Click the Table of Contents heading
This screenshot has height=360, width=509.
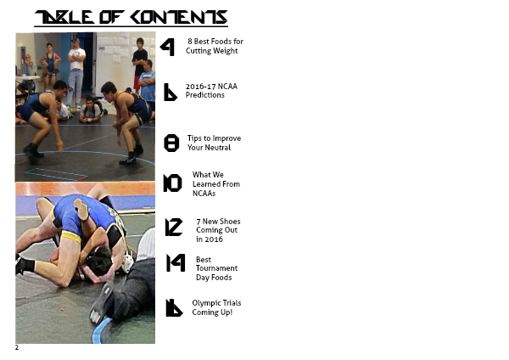[131, 18]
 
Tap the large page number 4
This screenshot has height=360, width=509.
[168, 47]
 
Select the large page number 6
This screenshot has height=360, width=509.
[171, 93]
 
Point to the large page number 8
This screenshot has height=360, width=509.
[171, 143]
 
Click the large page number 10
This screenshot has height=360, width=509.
[172, 183]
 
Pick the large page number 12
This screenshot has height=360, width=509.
[174, 227]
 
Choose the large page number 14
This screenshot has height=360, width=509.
[176, 263]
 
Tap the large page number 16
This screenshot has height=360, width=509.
[174, 307]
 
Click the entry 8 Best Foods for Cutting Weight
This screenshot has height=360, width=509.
[215, 46]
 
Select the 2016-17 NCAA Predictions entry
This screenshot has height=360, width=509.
[211, 91]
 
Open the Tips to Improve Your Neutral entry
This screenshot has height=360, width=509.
[214, 143]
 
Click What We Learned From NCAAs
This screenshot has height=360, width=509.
[216, 184]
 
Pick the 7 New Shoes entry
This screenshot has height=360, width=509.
[218, 230]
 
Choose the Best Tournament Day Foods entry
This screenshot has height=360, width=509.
[216, 268]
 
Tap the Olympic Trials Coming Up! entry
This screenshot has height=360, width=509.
[216, 307]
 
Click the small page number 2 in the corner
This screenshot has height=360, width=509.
[17, 347]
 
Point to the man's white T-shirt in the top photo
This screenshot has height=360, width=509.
[77, 59]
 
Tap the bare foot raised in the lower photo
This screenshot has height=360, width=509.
[81, 209]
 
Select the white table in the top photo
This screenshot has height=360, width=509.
[28, 78]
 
